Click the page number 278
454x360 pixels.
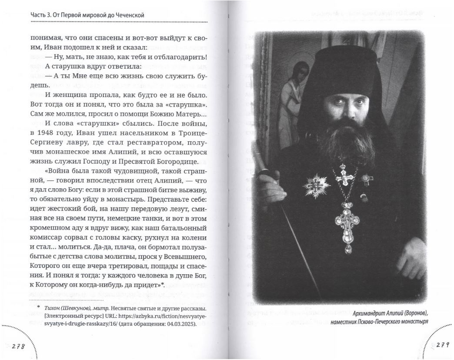pos(17,346)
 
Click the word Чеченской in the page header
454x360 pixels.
pos(128,16)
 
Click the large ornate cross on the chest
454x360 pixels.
pos(346,217)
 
